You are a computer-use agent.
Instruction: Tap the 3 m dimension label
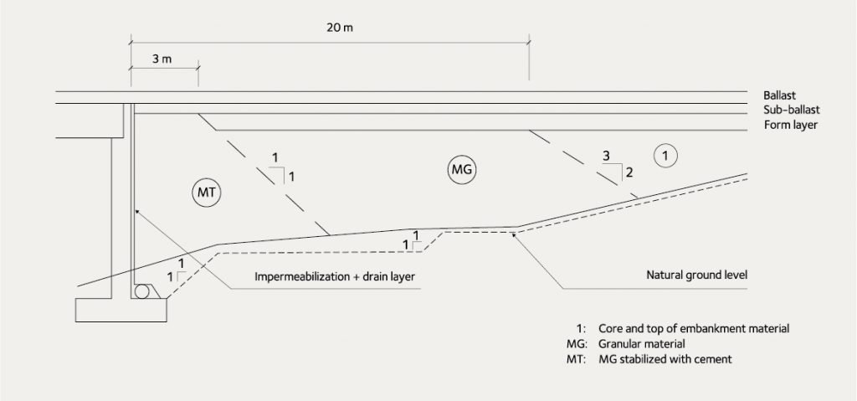click(x=162, y=59)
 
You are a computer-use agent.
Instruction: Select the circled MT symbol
click(x=206, y=193)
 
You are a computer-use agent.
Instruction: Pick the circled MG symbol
click(x=462, y=170)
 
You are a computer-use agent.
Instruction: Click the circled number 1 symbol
click(x=665, y=156)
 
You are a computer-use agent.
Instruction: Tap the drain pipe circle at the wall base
click(x=142, y=291)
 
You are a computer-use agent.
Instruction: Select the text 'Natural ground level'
click(x=696, y=275)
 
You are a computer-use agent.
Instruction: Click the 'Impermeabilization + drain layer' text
click(x=335, y=277)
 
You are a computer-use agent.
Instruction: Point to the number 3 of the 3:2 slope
click(x=606, y=156)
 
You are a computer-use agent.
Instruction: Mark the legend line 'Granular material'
click(x=642, y=345)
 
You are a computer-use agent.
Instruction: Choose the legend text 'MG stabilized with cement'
click(x=665, y=359)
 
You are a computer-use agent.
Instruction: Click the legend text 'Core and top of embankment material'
click(x=694, y=329)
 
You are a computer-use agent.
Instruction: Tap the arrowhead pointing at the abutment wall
click(x=137, y=212)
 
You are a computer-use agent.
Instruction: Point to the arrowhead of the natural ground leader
click(x=515, y=234)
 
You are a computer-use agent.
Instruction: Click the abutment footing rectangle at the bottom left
click(x=121, y=311)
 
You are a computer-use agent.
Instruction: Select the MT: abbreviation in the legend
click(x=577, y=359)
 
